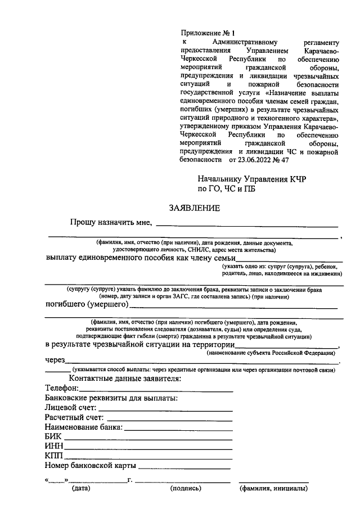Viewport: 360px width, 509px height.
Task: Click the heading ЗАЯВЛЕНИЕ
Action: [x=195, y=209]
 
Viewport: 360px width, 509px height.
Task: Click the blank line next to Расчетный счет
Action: [x=169, y=420]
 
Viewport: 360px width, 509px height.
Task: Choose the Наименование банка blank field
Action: [x=179, y=429]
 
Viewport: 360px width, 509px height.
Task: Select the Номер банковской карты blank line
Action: [x=184, y=468]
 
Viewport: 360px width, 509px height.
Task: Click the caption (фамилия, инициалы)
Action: [x=273, y=489]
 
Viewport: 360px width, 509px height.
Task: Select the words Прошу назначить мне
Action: [x=111, y=223]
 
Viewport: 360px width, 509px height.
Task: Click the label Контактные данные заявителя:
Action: [x=125, y=379]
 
